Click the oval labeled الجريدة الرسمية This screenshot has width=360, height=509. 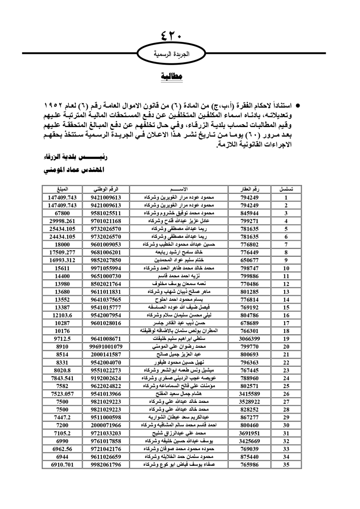pyautogui.click(x=171, y=54)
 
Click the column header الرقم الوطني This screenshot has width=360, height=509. pyautogui.click(x=106, y=189)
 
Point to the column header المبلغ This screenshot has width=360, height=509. pyautogui.click(x=62, y=189)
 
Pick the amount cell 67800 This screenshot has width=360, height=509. pyautogui.click(x=62, y=213)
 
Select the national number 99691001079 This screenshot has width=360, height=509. pyautogui.click(x=106, y=347)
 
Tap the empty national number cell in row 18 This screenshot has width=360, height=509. pyautogui.click(x=106, y=331)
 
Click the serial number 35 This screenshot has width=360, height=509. pyautogui.click(x=286, y=465)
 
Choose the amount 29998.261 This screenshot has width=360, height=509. pyautogui.click(x=62, y=221)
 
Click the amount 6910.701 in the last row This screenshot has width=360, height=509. pyautogui.click(x=62, y=465)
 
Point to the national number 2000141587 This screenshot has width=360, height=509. pyautogui.click(x=106, y=355)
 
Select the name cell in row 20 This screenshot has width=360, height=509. pyautogui.click(x=179, y=347)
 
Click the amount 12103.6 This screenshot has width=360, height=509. pyautogui.click(x=62, y=315)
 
